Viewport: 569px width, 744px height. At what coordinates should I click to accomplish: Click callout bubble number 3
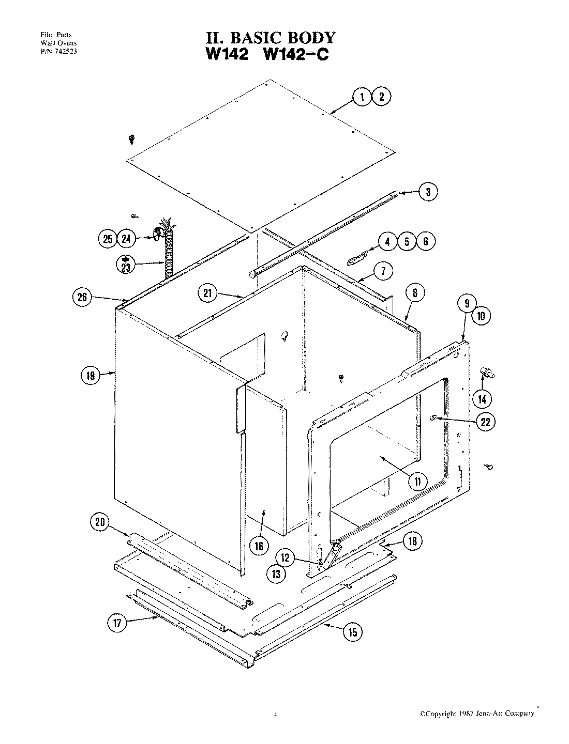(428, 192)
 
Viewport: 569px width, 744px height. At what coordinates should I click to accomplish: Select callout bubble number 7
(383, 272)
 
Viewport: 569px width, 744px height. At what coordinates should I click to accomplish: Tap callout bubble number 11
(417, 481)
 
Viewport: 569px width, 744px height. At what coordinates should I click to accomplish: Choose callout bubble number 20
(100, 522)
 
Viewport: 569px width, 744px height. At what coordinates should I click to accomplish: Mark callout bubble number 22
(485, 422)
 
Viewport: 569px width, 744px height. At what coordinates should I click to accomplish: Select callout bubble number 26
(83, 297)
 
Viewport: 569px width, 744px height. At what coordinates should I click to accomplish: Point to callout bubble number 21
(207, 293)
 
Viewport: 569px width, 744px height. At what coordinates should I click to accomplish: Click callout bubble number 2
(381, 97)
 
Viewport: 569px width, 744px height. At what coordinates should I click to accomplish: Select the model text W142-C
(296, 54)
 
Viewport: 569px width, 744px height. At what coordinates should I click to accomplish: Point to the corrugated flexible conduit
(167, 258)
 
